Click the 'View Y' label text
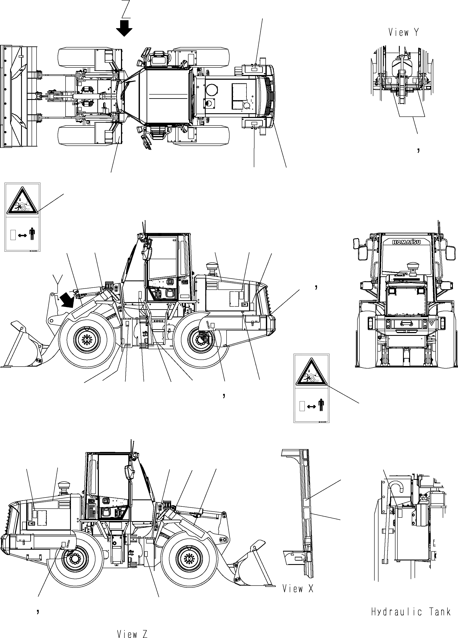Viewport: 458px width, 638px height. (403, 33)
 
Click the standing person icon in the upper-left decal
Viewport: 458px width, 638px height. (32, 234)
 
